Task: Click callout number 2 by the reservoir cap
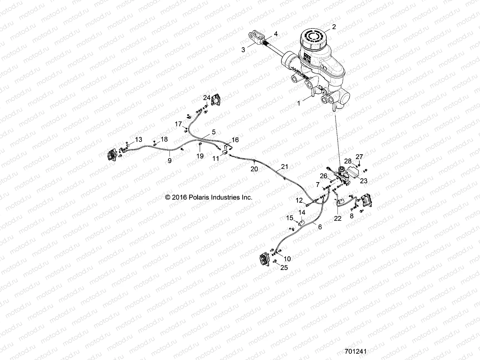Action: click(334, 27)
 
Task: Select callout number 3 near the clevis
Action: click(243, 50)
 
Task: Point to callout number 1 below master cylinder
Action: click(298, 103)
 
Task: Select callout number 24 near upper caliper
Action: click(207, 98)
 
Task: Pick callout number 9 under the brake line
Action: click(169, 161)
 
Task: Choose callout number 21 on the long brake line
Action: click(284, 166)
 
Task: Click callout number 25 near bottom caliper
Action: click(284, 267)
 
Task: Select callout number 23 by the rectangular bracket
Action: click(364, 181)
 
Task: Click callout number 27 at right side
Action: click(359, 157)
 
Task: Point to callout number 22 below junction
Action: click(337, 219)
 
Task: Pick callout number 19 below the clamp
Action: click(200, 156)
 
